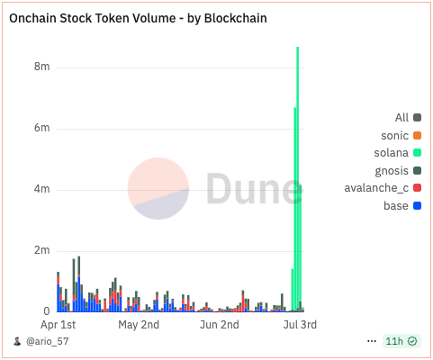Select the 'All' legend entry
(x=401, y=118)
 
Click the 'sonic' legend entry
(x=395, y=135)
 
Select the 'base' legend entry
(x=396, y=206)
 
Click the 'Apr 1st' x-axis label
(x=59, y=324)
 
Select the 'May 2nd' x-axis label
(x=139, y=324)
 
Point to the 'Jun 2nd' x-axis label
(x=219, y=324)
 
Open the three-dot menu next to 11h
(x=372, y=342)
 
